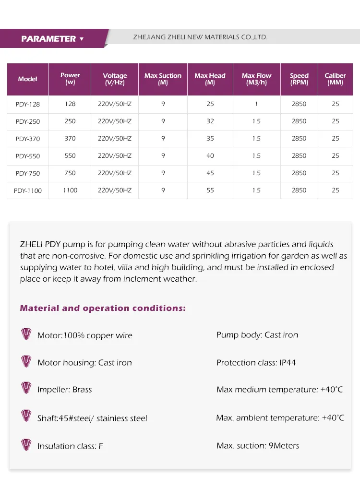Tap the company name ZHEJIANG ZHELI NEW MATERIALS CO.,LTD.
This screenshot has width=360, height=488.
pos(200,37)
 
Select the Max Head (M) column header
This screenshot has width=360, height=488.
pos(210,79)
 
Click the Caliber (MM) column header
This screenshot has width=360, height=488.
pos(335,79)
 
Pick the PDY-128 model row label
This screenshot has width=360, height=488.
pos(27,104)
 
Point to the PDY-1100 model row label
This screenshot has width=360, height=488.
pos(27,190)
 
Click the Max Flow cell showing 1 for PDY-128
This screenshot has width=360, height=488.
pos(256,104)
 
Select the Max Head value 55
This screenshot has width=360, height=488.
pos(210,190)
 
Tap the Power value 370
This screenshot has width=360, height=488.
pos(70,138)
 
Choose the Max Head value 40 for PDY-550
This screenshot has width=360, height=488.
pos(210,155)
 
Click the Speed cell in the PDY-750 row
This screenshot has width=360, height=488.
pos(299,173)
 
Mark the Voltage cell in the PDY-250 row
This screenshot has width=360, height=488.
pos(114,121)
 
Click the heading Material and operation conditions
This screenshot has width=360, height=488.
pos(103,308)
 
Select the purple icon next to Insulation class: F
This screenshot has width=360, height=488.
pos(26,445)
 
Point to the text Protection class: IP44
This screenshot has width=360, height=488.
pos(256,363)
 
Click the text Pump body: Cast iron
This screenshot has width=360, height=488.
pos(257,335)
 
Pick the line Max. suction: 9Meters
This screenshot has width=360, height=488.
pos(257,446)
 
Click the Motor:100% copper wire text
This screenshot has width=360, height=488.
pos(84,335)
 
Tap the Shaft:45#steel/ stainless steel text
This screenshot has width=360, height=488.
pos(92,418)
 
